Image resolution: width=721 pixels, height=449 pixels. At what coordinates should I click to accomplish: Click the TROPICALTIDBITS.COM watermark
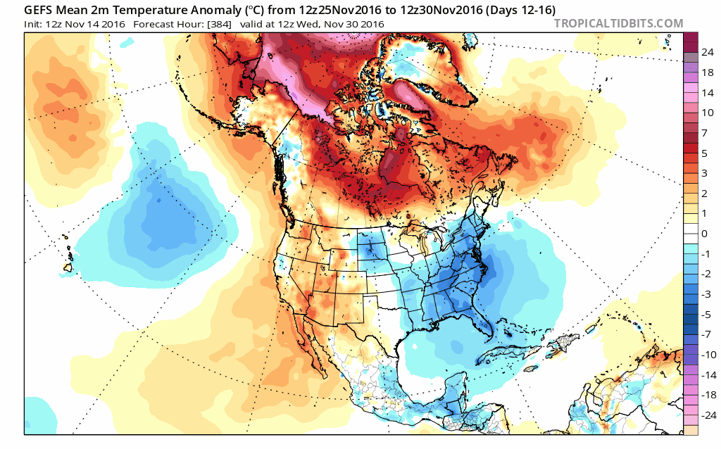pyautogui.click(x=618, y=23)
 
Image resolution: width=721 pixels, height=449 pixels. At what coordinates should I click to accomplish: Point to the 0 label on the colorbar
pyautogui.click(x=704, y=233)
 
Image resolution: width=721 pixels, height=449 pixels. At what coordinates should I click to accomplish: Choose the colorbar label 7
pyautogui.click(x=704, y=132)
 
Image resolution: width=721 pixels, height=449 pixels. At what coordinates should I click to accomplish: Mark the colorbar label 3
pyautogui.click(x=704, y=172)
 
